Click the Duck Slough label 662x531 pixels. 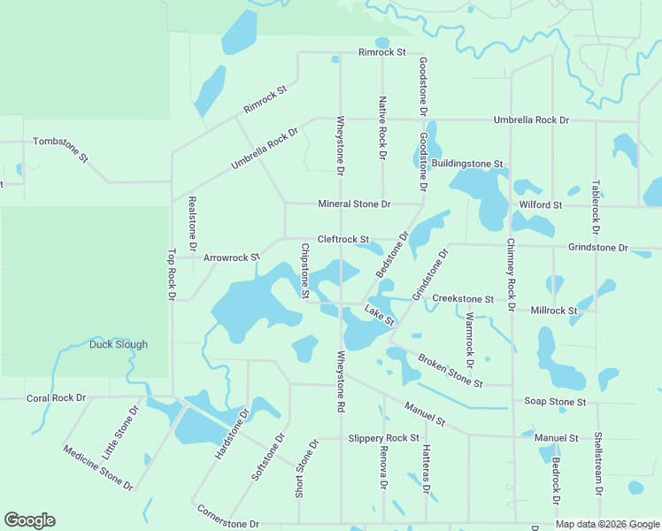[x=119, y=344]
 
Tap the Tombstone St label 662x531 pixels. [x=61, y=149]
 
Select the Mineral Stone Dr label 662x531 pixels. [x=354, y=204]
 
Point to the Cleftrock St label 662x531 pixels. [x=343, y=239]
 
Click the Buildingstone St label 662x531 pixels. [x=466, y=165]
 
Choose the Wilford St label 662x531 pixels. [x=540, y=204]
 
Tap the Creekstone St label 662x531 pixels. [x=462, y=300]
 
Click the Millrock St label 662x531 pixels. [x=553, y=311]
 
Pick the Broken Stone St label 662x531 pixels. [x=450, y=371]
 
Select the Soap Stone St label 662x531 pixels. [x=555, y=402]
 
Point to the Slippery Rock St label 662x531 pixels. [x=383, y=438]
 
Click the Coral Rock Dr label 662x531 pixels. [x=56, y=397]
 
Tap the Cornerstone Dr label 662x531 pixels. [x=228, y=517]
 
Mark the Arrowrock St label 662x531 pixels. [x=231, y=258]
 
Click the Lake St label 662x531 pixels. [x=379, y=315]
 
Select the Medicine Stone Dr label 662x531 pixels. [x=98, y=467]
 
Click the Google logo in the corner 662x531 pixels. [x=29, y=520]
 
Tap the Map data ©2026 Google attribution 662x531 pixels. [x=607, y=525]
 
